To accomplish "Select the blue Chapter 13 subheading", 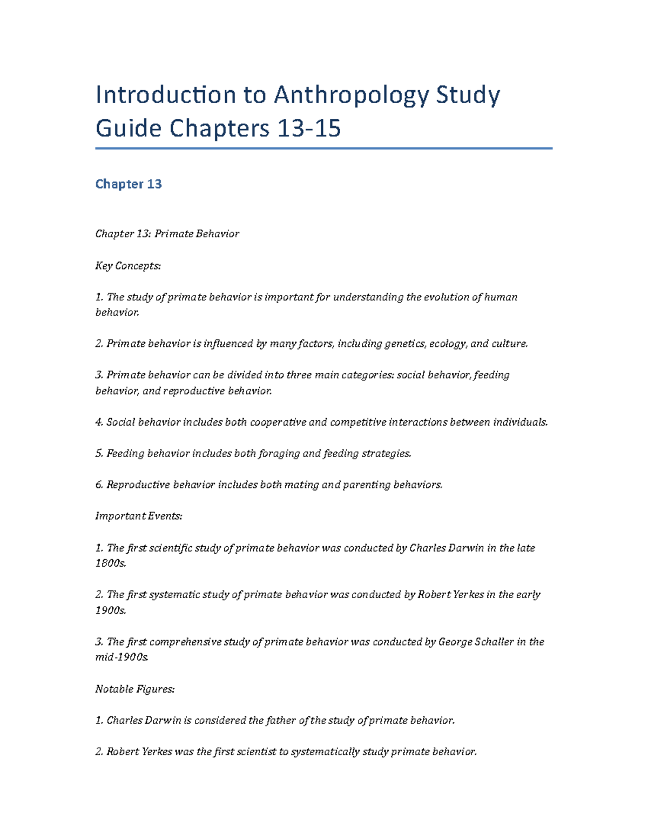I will click(129, 184).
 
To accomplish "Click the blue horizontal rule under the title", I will click(324, 148).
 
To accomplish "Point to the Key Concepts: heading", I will click(128, 266).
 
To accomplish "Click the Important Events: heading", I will click(139, 516).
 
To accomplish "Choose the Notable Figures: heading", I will click(135, 689).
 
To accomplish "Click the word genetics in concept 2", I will click(404, 344).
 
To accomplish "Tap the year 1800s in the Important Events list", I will click(111, 563).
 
